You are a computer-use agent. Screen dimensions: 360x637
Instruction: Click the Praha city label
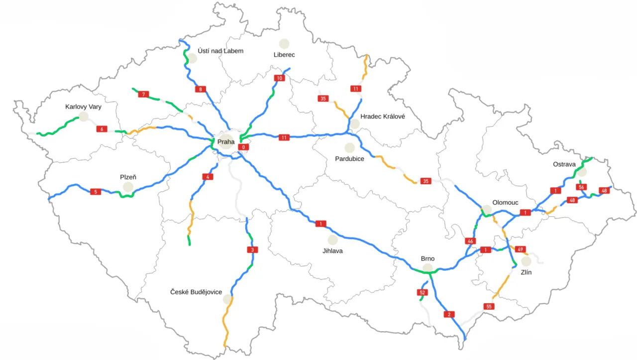[226, 142]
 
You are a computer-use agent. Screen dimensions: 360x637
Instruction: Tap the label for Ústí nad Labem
[220, 51]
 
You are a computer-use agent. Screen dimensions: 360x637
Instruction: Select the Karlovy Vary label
[83, 107]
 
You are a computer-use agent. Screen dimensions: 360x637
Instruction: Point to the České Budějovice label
[196, 292]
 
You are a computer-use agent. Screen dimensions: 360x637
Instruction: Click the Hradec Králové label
[383, 116]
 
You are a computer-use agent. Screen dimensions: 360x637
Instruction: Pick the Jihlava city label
[332, 251]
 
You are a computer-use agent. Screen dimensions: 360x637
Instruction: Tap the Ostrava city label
[564, 164]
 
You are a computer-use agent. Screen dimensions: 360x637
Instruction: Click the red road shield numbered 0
[243, 147]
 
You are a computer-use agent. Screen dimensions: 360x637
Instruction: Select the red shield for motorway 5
[96, 192]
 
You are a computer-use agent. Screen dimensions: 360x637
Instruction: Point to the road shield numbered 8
[201, 90]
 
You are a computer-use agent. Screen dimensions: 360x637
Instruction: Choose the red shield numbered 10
[279, 78]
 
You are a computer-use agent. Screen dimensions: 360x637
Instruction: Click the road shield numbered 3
[252, 249]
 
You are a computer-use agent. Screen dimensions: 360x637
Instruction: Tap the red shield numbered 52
[423, 292]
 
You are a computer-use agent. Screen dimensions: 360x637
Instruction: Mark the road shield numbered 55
[489, 306]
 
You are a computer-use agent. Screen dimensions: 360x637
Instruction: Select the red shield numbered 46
[470, 241]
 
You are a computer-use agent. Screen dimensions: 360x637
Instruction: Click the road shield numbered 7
[143, 94]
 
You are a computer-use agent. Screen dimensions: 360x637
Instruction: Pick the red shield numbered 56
[581, 187]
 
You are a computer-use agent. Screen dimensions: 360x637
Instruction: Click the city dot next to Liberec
[284, 44]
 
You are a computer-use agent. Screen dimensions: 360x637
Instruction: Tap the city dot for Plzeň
[128, 187]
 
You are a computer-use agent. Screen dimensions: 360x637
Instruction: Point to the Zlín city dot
[526, 261]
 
